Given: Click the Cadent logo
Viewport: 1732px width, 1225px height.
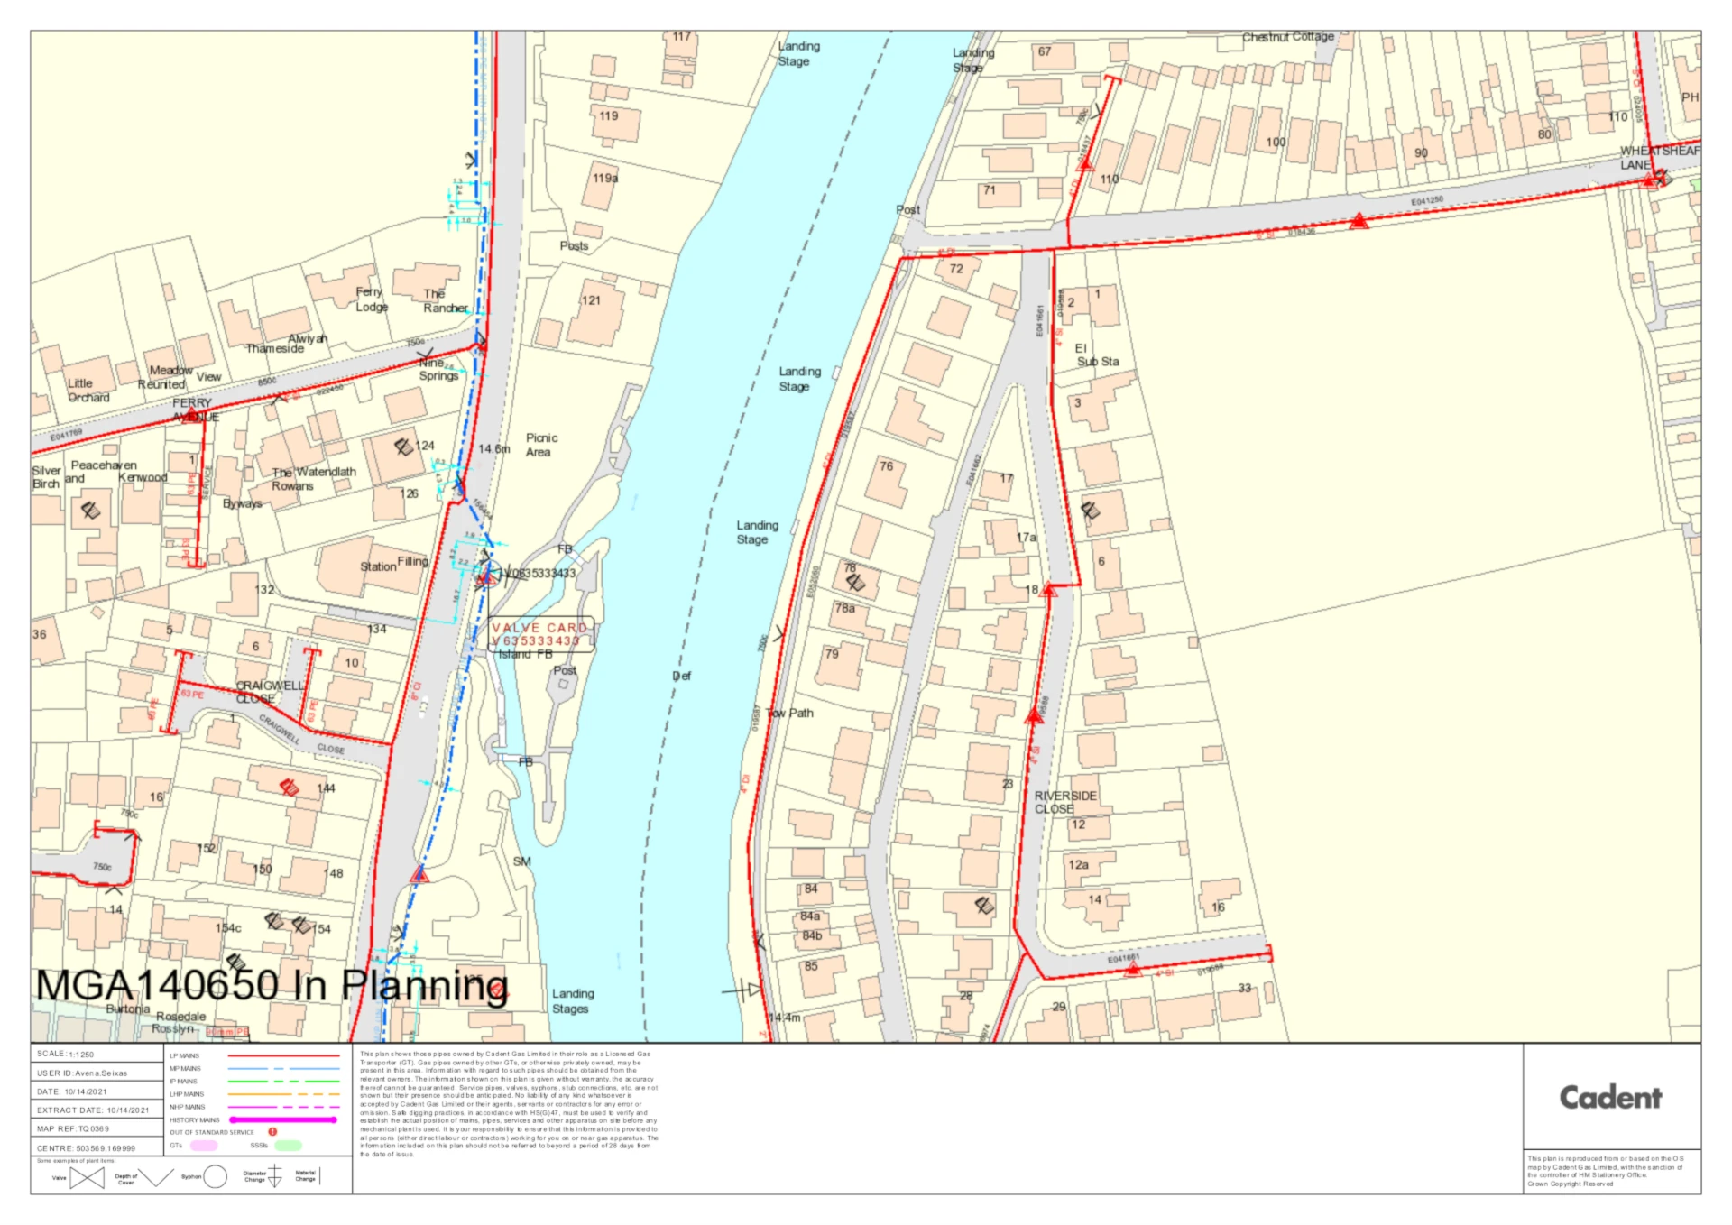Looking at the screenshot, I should (x=1610, y=1097).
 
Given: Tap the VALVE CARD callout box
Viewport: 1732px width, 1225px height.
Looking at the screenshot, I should (x=540, y=634).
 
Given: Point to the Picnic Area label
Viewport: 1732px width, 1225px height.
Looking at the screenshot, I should (x=541, y=445).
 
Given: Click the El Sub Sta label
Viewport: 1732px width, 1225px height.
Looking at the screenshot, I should (x=1096, y=355).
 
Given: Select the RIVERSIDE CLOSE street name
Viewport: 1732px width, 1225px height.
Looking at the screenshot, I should (x=1064, y=802).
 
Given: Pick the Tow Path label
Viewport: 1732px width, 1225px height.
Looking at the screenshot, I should (x=790, y=713).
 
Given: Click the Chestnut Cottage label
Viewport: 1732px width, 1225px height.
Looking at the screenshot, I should (x=1287, y=37).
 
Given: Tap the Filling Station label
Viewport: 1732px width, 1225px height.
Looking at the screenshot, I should (x=394, y=564).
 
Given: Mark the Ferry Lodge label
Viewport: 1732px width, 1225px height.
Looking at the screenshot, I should (x=371, y=299).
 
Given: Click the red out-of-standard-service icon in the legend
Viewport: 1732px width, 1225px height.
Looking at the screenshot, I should (x=272, y=1131).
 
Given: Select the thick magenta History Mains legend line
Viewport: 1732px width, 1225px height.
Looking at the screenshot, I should (x=283, y=1119).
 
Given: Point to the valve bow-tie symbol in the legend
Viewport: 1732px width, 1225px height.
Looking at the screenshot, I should (x=87, y=1177).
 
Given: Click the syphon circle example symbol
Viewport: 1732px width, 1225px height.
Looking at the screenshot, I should (x=215, y=1176).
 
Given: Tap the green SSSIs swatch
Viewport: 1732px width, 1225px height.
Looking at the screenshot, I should (x=288, y=1145).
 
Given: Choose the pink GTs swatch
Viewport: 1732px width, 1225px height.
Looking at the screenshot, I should (x=203, y=1145).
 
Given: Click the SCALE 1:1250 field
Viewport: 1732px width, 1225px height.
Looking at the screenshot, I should (x=96, y=1054).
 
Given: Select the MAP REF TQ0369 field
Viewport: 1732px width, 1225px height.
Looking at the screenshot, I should (x=96, y=1128).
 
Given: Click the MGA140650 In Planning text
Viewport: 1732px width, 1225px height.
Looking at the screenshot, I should (x=272, y=985).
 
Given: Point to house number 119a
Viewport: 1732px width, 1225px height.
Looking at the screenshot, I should (x=605, y=178).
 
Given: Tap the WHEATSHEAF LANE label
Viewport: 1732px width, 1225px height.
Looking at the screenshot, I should (x=1658, y=157).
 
